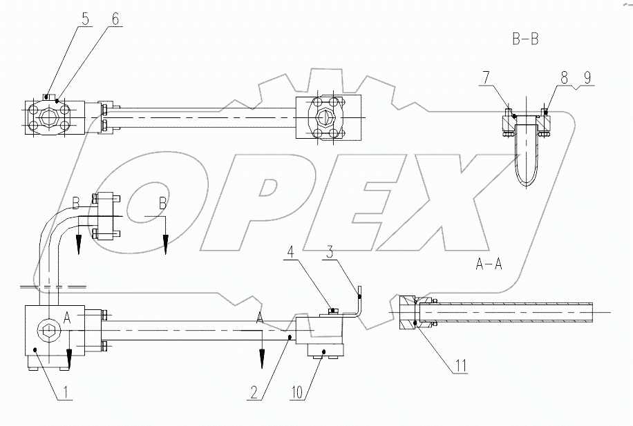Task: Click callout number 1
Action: (x=66, y=394)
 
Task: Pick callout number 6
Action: (x=115, y=20)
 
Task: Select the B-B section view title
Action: (x=525, y=40)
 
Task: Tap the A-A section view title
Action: (x=489, y=263)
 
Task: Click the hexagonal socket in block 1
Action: (x=49, y=331)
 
